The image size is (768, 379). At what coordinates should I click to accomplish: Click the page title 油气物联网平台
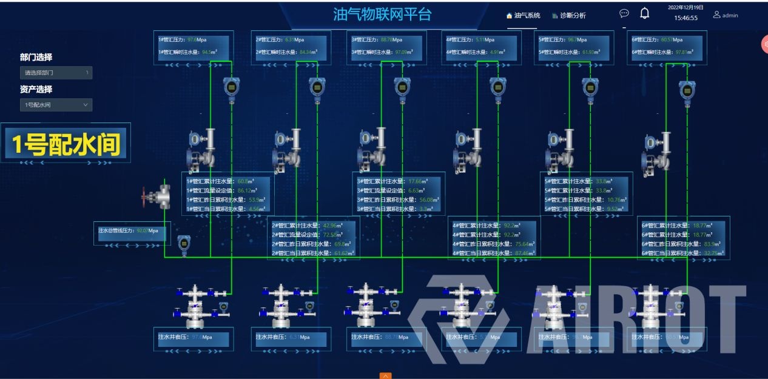[382, 15]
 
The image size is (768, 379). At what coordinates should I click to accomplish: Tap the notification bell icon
[645, 13]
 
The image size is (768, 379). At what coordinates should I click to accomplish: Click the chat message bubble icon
[624, 13]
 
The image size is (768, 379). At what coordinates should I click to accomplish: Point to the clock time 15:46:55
[685, 18]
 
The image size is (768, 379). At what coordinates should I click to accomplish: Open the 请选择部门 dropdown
[56, 73]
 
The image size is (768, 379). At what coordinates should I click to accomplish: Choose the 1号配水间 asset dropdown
[56, 105]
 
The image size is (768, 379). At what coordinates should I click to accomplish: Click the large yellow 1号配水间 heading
[66, 144]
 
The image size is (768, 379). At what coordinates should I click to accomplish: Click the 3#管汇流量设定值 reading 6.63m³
[419, 190]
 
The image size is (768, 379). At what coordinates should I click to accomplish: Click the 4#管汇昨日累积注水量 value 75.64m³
[519, 244]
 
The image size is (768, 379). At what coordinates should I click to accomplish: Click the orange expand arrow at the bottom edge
[385, 375]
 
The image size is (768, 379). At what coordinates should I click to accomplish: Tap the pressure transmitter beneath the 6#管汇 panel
[687, 92]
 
